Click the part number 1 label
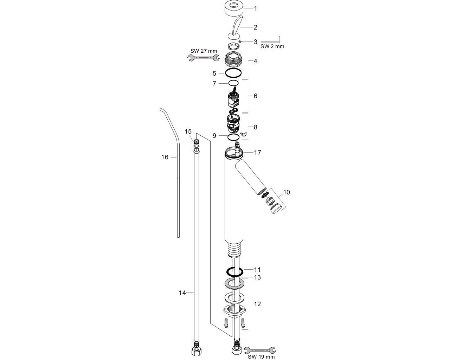[255, 8]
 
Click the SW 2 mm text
[272, 46]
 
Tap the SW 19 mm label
[261, 356]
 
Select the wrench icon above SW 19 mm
[260, 350]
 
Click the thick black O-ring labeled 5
[233, 73]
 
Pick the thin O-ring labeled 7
[233, 83]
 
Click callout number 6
[255, 96]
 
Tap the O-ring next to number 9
[233, 137]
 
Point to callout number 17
[257, 153]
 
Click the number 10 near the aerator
[286, 192]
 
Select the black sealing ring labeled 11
[234, 272]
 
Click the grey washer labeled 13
[234, 284]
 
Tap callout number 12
[257, 304]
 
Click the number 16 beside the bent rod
[165, 157]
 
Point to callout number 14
[182, 293]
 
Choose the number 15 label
[188, 131]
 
